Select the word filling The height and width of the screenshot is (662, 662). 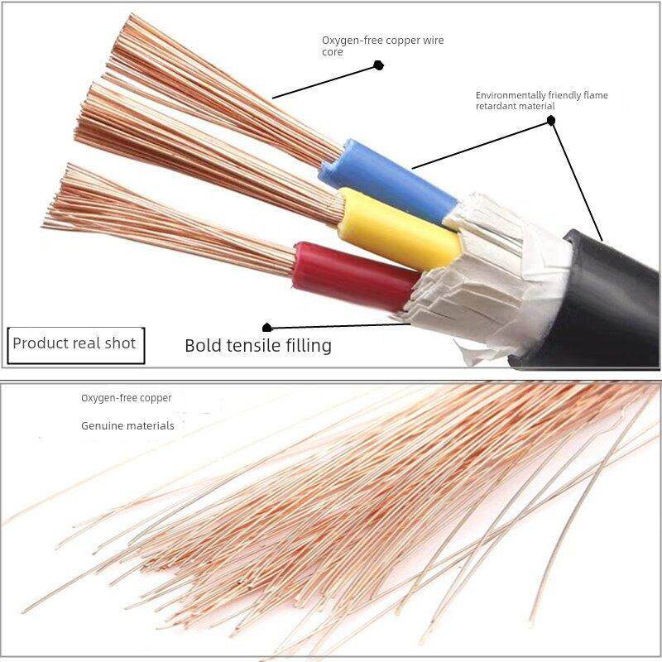click(x=308, y=346)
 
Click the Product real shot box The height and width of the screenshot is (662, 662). click(x=75, y=343)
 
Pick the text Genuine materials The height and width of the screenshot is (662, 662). click(x=127, y=426)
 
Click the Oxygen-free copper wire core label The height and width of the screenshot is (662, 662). click(x=376, y=46)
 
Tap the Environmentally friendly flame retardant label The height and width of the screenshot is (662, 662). click(x=541, y=100)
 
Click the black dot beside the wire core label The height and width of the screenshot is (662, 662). click(x=378, y=65)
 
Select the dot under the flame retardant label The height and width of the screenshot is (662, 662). click(x=551, y=121)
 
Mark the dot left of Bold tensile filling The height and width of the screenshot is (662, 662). click(x=266, y=328)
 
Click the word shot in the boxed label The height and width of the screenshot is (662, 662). click(x=119, y=343)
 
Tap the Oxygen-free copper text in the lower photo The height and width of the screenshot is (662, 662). click(x=126, y=398)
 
